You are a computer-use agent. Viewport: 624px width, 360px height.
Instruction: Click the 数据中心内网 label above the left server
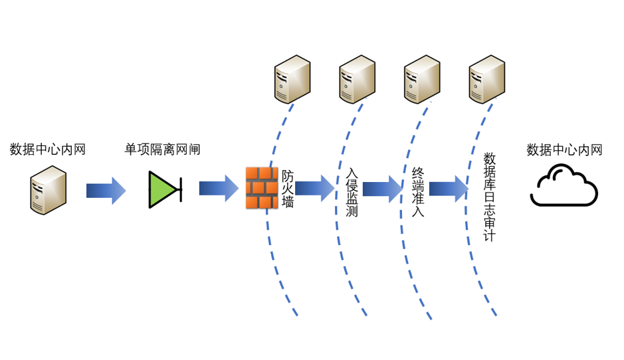[x=48, y=150]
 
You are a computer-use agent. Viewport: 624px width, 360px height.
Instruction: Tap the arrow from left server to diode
[x=106, y=191]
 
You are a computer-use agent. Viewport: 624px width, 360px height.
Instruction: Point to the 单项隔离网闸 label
[x=162, y=150]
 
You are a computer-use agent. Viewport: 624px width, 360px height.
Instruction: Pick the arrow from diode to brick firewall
[x=219, y=189]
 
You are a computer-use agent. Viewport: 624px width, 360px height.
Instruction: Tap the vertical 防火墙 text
[x=288, y=189]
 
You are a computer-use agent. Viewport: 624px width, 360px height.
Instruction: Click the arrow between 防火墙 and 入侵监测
[x=315, y=189]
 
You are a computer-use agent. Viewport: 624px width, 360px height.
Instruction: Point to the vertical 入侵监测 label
[x=352, y=193]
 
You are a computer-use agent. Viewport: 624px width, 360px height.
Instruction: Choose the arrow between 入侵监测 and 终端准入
[x=382, y=189]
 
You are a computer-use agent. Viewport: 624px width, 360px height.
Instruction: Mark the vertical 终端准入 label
[x=417, y=193]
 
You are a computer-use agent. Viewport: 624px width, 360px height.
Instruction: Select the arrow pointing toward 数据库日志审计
[x=449, y=189]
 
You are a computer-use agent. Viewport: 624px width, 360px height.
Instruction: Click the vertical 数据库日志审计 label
[x=489, y=197]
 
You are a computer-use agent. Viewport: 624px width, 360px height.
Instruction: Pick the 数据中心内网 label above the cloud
[x=564, y=150]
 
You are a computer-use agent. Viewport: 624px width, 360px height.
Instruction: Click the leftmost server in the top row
[x=292, y=79]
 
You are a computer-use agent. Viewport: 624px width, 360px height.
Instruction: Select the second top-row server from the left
[x=358, y=79]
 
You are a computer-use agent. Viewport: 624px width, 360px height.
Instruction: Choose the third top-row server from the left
[x=423, y=79]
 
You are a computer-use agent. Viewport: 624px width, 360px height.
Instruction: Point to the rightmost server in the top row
[x=487, y=79]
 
